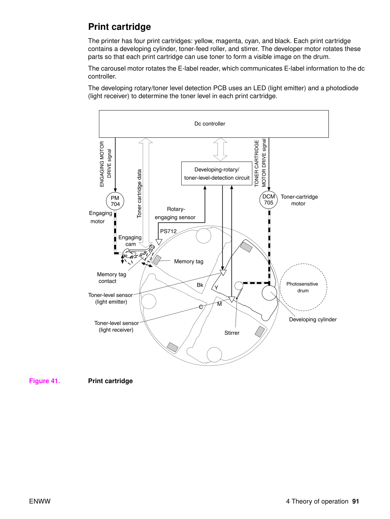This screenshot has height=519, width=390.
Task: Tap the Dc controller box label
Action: click(x=210, y=124)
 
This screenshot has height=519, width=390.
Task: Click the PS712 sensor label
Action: click(x=168, y=231)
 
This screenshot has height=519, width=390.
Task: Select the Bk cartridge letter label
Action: click(x=200, y=285)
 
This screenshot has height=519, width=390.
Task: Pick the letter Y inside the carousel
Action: click(x=216, y=288)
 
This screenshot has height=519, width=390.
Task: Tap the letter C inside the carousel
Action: click(x=201, y=307)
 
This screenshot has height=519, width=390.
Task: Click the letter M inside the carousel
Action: click(x=219, y=304)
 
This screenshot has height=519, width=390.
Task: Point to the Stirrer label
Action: click(x=232, y=333)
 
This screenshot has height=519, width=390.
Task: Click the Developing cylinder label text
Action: click(x=313, y=320)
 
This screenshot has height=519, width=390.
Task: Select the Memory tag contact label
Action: click(x=111, y=278)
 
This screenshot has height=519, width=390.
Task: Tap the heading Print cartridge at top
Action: click(x=119, y=27)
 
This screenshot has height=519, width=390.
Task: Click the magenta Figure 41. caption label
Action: click(x=45, y=381)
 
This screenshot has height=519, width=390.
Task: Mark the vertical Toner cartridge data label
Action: click(x=139, y=194)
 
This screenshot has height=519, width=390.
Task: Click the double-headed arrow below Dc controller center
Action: click(x=220, y=149)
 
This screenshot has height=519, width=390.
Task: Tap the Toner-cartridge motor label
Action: click(x=299, y=200)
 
